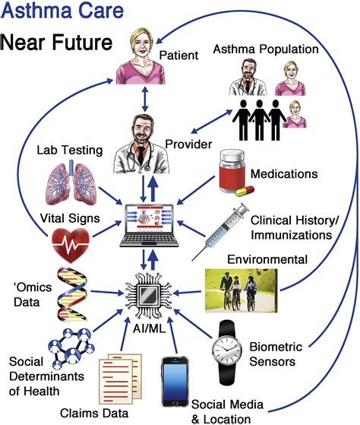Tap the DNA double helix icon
tap(72, 294)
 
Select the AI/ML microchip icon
tap(149, 295)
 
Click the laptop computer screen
tap(150, 219)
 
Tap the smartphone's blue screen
tap(175, 382)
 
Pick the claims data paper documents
tap(120, 379)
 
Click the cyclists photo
tap(241, 290)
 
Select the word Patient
tap(178, 56)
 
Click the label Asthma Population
tap(266, 49)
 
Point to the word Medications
tap(284, 174)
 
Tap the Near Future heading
tap(56, 42)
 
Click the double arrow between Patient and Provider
tap(145, 99)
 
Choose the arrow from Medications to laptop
tap(196, 191)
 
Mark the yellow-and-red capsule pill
tap(245, 191)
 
